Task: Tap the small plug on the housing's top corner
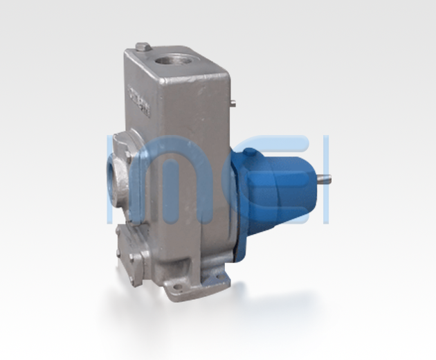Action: pyautogui.click(x=142, y=47)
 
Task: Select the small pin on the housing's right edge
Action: pyautogui.click(x=233, y=105)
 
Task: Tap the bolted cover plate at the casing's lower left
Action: pyautogui.click(x=131, y=249)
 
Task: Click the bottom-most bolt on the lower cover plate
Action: pyautogui.click(x=134, y=271)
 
